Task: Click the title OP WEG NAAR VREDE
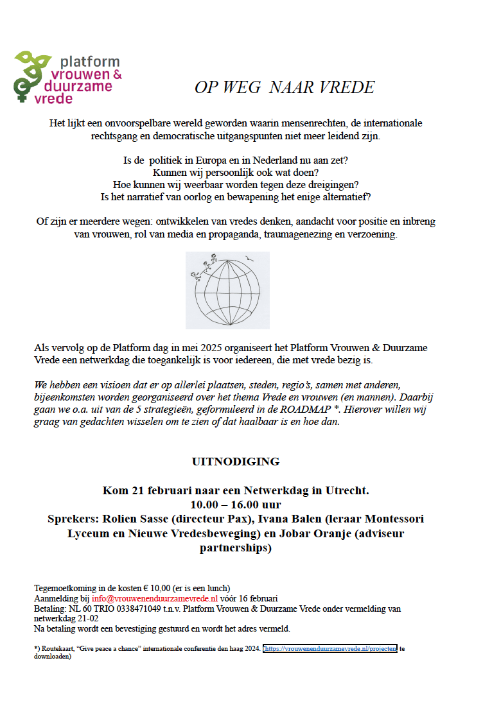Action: pos(285,87)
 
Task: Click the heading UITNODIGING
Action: pos(236,462)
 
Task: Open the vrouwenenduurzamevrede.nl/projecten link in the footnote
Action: pos(330,649)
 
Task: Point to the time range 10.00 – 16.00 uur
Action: pos(236,505)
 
